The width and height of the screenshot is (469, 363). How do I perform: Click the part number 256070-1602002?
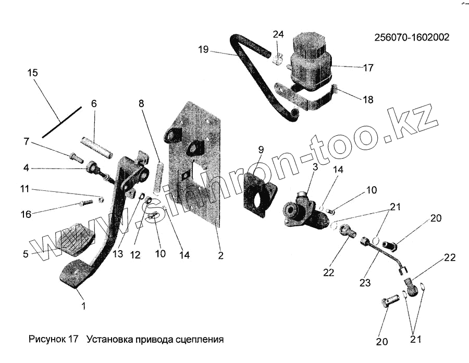pos(412,37)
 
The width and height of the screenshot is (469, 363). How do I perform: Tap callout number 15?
pos(32,73)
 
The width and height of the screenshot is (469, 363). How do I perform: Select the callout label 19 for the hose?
pos(203,50)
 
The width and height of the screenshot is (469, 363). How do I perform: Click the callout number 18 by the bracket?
pos(368,100)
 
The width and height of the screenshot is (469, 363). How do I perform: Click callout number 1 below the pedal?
pos(83,306)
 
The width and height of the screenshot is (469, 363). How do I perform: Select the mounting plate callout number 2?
pos(220,255)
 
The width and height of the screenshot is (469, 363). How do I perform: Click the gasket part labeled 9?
pos(260,193)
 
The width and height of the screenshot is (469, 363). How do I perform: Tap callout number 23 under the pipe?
pos(365,283)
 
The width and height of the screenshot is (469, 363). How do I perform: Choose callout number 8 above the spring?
pos(142,103)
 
